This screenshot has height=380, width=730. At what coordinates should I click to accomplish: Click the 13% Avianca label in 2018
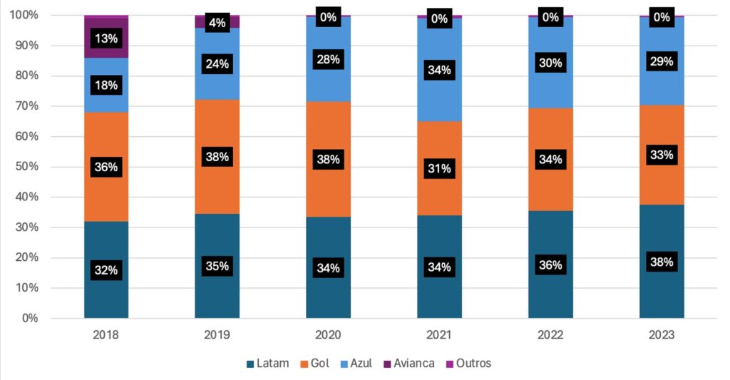[x=106, y=39]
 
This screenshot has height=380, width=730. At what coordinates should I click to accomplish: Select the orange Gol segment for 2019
[x=217, y=185]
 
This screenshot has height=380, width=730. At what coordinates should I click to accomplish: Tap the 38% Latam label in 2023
[x=662, y=262]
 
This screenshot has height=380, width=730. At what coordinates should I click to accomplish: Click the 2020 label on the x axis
[x=329, y=334]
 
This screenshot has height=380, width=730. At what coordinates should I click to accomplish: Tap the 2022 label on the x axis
[x=550, y=334]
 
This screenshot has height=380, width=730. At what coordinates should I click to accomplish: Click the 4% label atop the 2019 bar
[x=217, y=23]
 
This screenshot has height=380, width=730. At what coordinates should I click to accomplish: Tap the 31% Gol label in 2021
[x=439, y=168]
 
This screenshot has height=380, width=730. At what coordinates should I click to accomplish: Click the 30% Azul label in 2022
[x=550, y=63]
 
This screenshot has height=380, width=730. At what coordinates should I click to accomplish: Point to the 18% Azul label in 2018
[x=106, y=86]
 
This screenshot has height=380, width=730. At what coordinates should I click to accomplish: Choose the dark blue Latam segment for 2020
[x=329, y=292]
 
